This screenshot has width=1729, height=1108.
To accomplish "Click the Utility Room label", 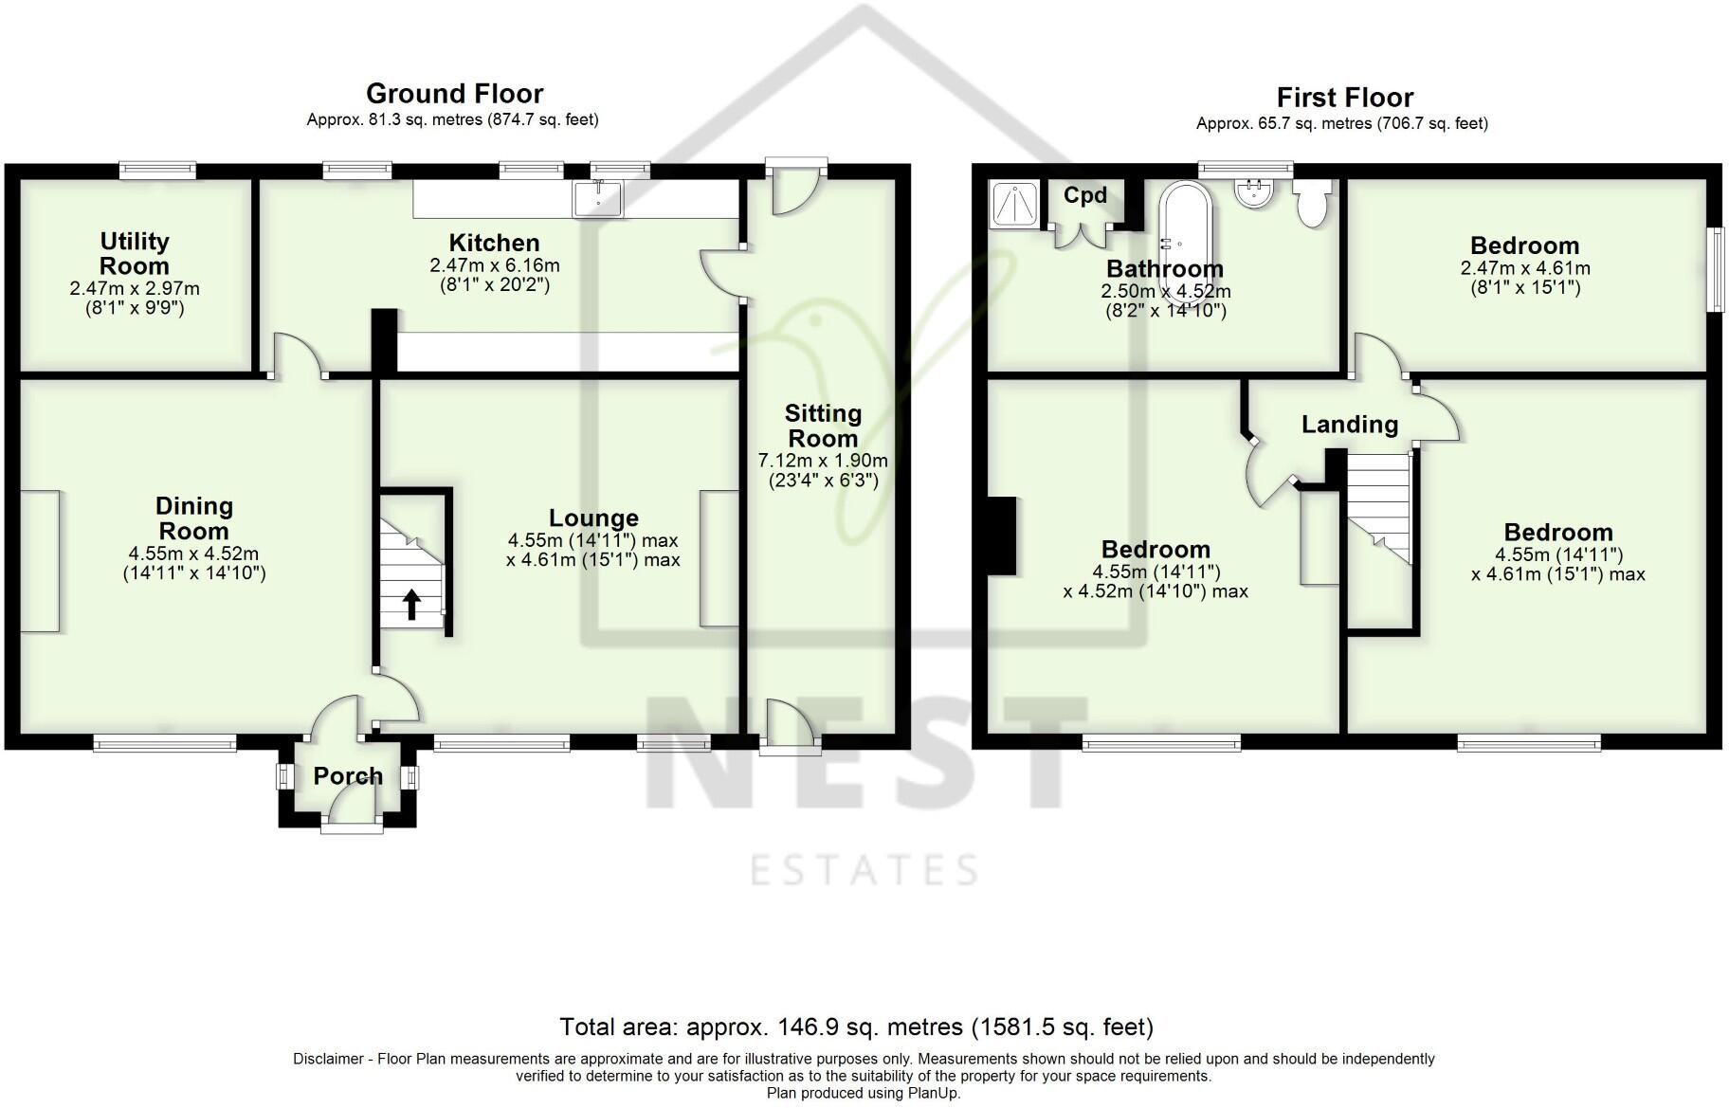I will pos(135,254).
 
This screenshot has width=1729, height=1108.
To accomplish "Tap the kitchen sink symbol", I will pos(598,199).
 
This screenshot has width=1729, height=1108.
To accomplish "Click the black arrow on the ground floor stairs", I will pos(412,604).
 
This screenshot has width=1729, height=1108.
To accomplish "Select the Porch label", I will pos(348,776).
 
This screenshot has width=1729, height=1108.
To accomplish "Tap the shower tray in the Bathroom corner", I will pos(1014,204).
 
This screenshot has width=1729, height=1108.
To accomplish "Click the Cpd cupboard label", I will pos(1085,195).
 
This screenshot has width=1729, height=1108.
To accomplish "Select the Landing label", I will pos(1349,425).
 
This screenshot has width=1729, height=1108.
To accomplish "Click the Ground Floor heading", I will pos(454,94).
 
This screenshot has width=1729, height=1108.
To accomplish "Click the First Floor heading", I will pos(1344,98).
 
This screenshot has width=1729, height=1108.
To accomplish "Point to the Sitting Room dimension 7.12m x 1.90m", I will pos(822,462).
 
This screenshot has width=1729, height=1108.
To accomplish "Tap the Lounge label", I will pos(593,518).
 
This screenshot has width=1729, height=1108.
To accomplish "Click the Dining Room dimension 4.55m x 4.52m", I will pos(193,554).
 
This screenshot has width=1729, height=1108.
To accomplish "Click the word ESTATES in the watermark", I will pos(864,870).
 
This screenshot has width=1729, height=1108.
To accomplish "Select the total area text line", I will pos(856,1026).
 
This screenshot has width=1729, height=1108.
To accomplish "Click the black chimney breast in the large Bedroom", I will pos(1001,536).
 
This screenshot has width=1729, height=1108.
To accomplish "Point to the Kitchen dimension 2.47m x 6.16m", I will pos(494,265).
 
